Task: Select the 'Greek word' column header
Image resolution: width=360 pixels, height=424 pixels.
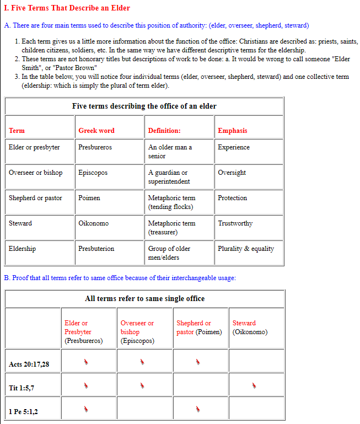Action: pos(96,131)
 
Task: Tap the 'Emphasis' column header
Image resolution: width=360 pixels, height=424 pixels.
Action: pos(232,131)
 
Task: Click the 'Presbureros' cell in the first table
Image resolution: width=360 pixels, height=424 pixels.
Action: pos(95,147)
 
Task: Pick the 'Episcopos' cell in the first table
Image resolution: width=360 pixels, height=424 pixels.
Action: pos(93,173)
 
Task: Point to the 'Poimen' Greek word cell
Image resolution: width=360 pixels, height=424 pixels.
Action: pos(89,198)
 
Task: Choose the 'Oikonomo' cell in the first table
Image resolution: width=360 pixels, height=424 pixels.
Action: pos(93,223)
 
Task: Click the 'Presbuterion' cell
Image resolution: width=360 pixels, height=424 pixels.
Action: pos(96,249)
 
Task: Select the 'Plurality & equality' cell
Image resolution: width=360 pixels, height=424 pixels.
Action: pos(246,249)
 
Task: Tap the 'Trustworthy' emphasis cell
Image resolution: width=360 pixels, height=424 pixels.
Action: pos(235,223)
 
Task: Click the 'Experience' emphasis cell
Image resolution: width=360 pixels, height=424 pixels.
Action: pos(233,147)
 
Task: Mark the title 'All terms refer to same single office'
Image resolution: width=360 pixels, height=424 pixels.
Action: pos(144,298)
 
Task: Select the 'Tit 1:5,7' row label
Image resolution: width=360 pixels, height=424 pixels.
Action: pos(22,388)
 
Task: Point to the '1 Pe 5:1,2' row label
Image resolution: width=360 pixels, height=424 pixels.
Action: pos(23,412)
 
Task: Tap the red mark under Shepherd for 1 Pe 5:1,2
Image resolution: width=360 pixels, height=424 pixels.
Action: pos(198,409)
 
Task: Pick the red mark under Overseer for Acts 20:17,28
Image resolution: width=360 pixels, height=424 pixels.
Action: pos(142,362)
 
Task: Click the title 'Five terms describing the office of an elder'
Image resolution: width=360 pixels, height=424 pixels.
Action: pos(144,106)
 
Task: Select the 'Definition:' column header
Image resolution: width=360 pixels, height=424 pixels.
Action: pos(164,131)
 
